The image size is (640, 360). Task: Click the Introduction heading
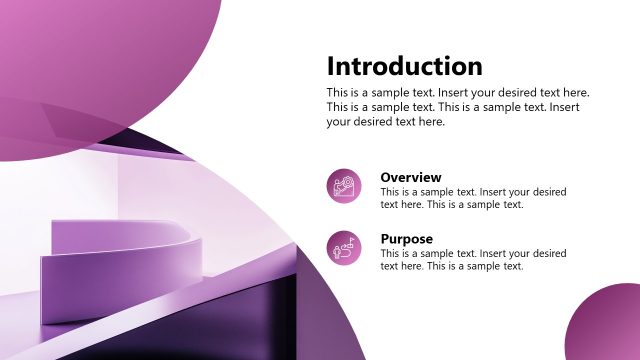pos(404,67)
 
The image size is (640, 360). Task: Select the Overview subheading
pos(410,178)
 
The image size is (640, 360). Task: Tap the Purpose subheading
pos(406,240)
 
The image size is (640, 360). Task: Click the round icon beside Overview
pos(345,186)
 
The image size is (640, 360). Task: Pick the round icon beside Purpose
pos(345,247)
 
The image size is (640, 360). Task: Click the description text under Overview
pos(473,198)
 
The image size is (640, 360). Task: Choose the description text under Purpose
pos(473,260)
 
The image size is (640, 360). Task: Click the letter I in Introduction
pos(331,67)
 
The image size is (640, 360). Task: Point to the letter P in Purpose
pos(385,240)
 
